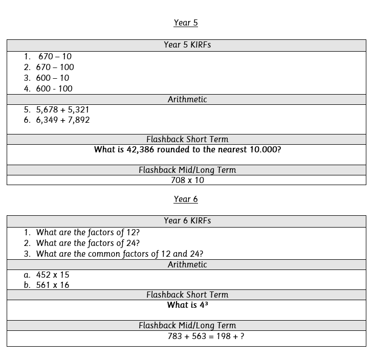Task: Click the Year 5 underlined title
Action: point(186,22)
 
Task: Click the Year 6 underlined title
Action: point(186,199)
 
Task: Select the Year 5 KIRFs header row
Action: point(187,45)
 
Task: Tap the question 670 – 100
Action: point(55,67)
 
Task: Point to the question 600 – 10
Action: point(52,78)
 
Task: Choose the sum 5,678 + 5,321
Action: point(62,109)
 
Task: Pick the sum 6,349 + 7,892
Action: point(62,120)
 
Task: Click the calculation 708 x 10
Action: point(187,180)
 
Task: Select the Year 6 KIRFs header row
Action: point(187,221)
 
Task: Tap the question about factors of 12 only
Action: point(87,232)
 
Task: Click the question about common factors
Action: point(119,254)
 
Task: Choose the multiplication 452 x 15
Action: point(52,275)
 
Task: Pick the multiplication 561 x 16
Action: point(52,285)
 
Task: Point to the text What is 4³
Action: point(187,305)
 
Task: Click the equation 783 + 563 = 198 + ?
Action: point(206,336)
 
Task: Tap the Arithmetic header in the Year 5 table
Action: point(187,100)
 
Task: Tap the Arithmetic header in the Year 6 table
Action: point(187,265)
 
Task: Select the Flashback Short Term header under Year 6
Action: point(187,295)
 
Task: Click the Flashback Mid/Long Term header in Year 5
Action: point(187,170)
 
